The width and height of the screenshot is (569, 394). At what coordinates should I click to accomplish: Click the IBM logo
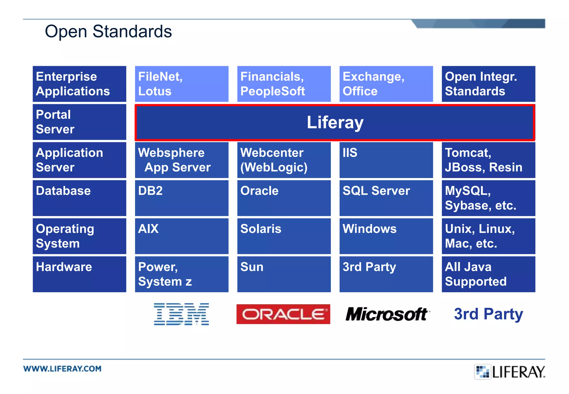point(181,314)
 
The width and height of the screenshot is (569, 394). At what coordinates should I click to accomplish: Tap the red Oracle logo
point(283,314)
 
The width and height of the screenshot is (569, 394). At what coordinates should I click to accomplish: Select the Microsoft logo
point(387,314)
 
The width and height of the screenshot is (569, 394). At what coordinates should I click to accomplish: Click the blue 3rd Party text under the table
point(488,314)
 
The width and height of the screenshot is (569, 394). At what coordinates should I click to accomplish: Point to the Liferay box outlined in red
point(335,123)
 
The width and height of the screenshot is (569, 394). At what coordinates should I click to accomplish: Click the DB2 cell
point(181,198)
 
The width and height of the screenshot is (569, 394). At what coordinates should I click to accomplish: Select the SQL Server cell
point(386,198)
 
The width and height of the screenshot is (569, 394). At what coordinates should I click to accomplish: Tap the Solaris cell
point(284,236)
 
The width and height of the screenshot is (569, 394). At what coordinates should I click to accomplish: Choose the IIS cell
point(386,160)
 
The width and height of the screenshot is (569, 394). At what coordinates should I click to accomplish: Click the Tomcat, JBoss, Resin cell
point(488,160)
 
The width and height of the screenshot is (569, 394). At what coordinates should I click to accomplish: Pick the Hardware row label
point(79,274)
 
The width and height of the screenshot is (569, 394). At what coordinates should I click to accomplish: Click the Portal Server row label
point(79,122)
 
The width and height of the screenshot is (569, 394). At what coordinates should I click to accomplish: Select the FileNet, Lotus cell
point(181,84)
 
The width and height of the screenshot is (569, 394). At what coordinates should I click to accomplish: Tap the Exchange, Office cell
point(386,84)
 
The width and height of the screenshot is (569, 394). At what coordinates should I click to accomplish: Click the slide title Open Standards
point(108,31)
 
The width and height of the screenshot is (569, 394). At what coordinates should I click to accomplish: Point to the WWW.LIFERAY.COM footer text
point(62,369)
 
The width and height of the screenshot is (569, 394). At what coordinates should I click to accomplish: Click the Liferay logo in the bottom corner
point(510,372)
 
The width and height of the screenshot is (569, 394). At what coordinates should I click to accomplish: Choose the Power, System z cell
point(181,274)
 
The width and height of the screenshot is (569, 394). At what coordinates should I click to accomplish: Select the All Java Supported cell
point(488,274)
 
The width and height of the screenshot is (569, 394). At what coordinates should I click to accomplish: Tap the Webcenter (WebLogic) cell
point(284,160)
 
